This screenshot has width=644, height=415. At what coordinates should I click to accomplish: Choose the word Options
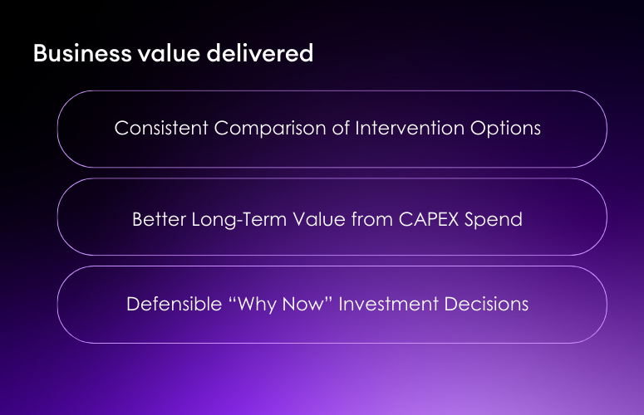point(504,129)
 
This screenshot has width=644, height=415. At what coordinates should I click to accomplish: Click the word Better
point(157,220)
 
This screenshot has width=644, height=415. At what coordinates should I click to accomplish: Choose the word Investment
point(386,304)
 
